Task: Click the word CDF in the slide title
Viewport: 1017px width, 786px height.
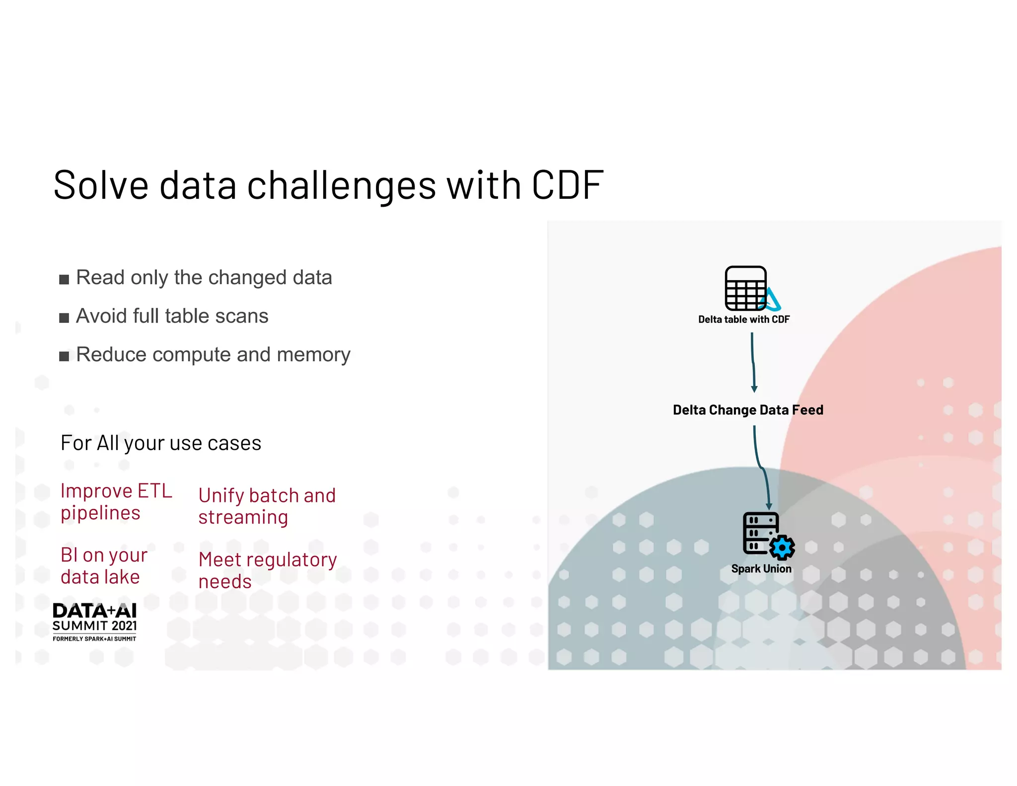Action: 567,185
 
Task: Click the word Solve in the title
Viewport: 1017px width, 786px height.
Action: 101,185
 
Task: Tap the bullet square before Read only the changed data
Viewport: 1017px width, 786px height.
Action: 64,279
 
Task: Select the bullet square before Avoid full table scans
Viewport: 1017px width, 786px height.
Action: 64,318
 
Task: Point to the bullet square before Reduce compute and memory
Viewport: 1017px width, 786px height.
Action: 64,356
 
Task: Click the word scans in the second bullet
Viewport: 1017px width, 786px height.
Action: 243,316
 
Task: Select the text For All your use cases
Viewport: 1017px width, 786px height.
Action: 160,443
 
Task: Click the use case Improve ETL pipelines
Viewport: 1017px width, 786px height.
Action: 116,501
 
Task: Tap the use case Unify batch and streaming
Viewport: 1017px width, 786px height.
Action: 267,506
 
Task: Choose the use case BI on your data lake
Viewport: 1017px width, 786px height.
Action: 104,565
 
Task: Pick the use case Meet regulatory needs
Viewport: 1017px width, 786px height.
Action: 267,570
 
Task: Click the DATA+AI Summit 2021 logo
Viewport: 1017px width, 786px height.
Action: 94,622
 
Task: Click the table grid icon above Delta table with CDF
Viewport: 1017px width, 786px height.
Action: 745,288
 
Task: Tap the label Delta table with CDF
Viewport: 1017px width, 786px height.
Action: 743,319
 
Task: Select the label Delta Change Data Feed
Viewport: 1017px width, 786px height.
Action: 748,410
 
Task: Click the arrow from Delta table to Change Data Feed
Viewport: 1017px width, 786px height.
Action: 753,362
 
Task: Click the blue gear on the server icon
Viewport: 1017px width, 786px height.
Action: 782,548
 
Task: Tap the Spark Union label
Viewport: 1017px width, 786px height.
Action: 761,569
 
